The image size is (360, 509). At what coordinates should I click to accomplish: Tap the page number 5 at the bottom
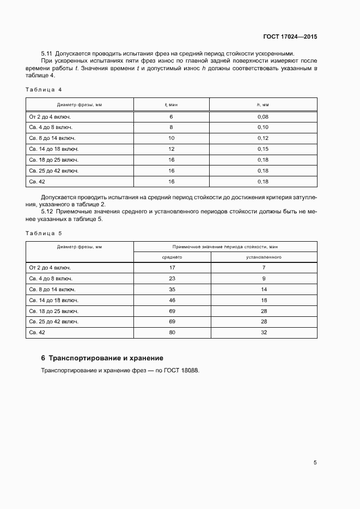pyautogui.click(x=315, y=463)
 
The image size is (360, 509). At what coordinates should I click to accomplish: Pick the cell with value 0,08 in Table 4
pyautogui.click(x=263, y=117)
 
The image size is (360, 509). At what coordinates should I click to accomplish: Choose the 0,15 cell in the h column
pyautogui.click(x=263, y=149)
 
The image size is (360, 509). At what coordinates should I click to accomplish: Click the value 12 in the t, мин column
pyautogui.click(x=171, y=149)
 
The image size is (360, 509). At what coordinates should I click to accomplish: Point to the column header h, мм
pyautogui.click(x=263, y=104)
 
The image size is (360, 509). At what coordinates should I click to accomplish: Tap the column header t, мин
pyautogui.click(x=171, y=104)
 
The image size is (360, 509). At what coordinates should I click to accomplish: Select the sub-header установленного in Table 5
pyautogui.click(x=263, y=256)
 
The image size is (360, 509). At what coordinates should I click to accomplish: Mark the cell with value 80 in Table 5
pyautogui.click(x=172, y=332)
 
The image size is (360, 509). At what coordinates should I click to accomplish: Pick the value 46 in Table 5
pyautogui.click(x=172, y=300)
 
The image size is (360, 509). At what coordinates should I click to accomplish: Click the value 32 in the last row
pyautogui.click(x=263, y=332)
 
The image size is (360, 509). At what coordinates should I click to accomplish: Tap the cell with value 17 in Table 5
pyautogui.click(x=172, y=268)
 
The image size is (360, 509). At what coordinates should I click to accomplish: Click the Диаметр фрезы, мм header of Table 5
pyautogui.click(x=80, y=247)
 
